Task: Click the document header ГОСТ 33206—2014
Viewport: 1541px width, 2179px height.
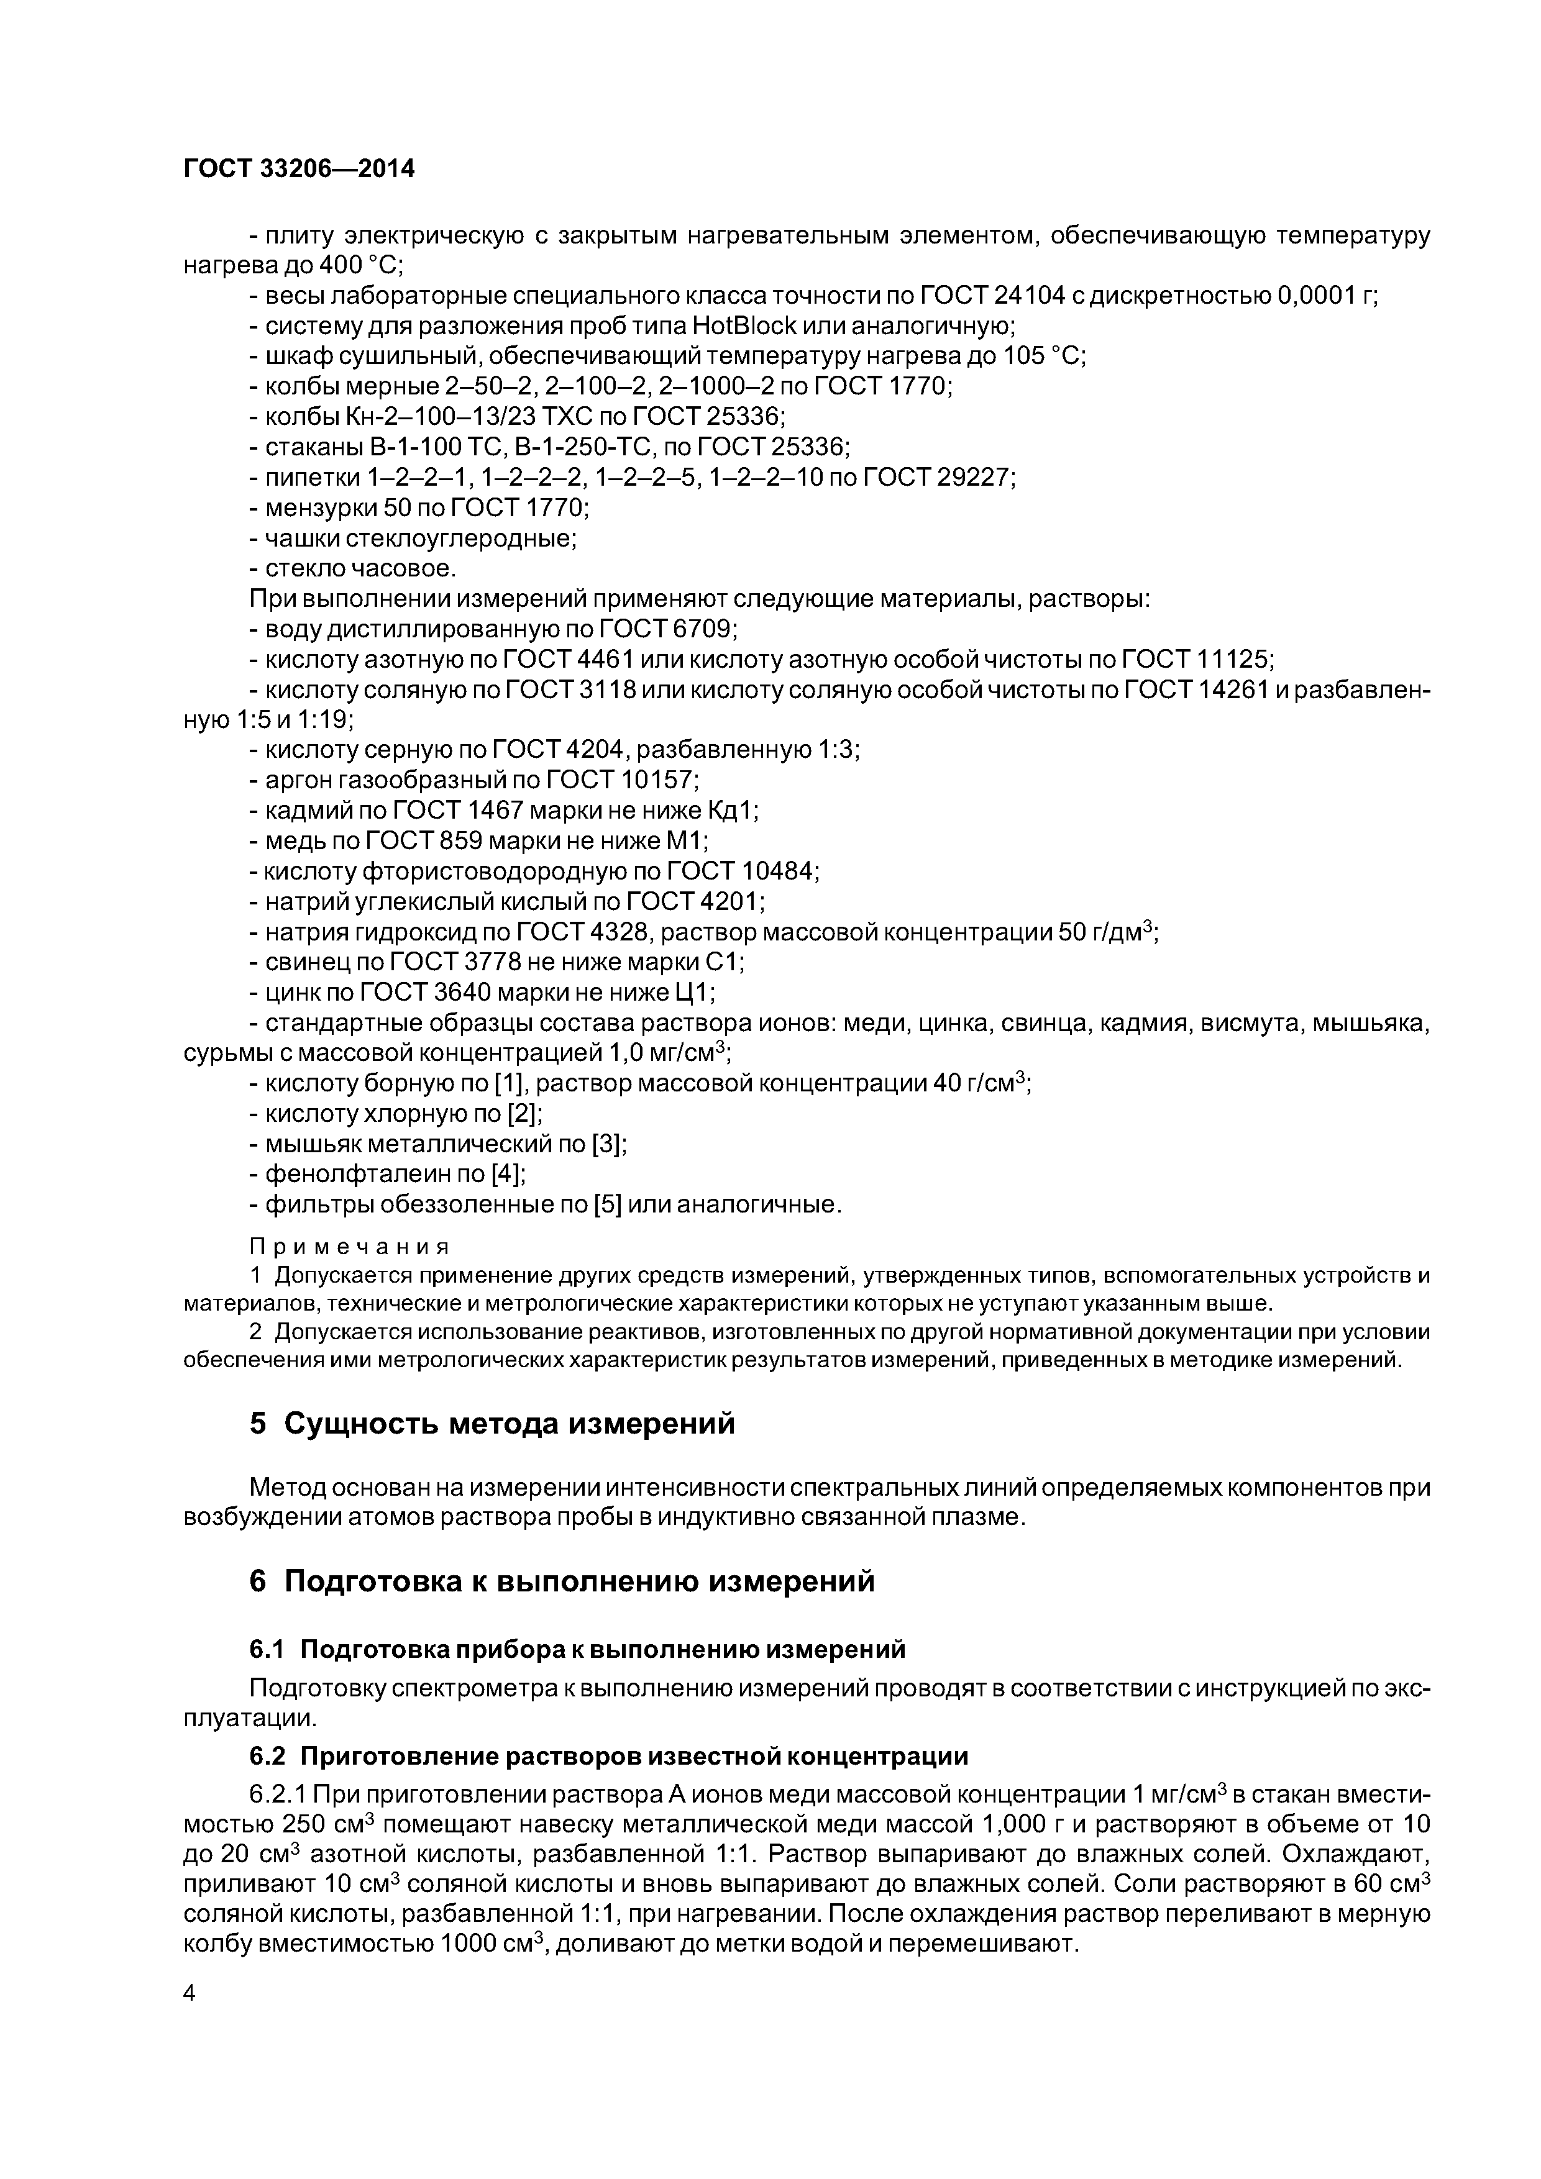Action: tap(299, 169)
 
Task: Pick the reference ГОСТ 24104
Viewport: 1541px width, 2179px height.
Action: tap(992, 296)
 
